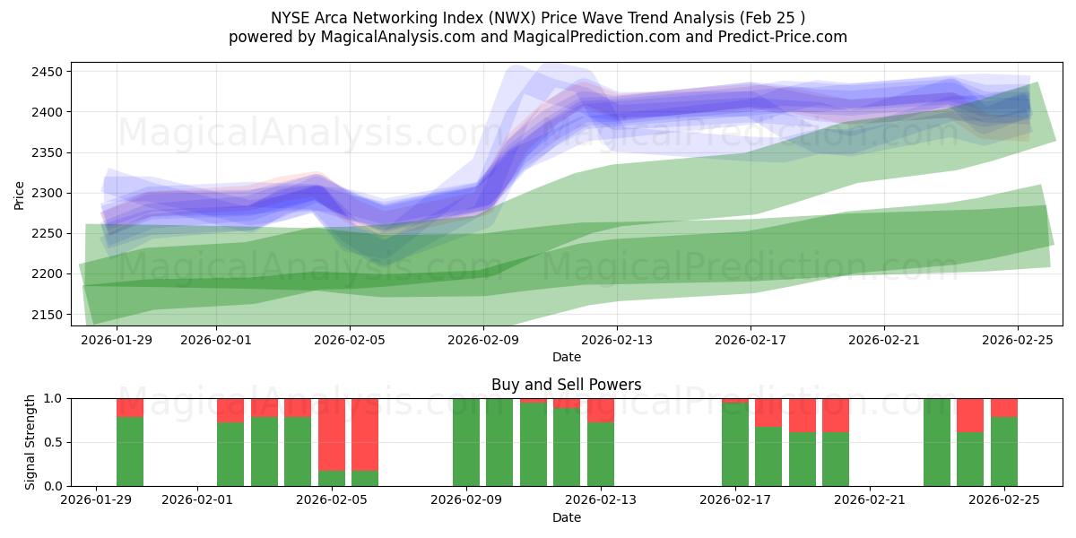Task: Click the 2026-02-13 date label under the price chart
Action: (617, 340)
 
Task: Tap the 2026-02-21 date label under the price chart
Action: (884, 340)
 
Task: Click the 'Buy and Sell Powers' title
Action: (566, 385)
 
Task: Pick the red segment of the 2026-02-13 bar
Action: (601, 410)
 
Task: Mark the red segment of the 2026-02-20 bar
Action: (836, 415)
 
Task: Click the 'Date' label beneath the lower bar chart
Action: (566, 517)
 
